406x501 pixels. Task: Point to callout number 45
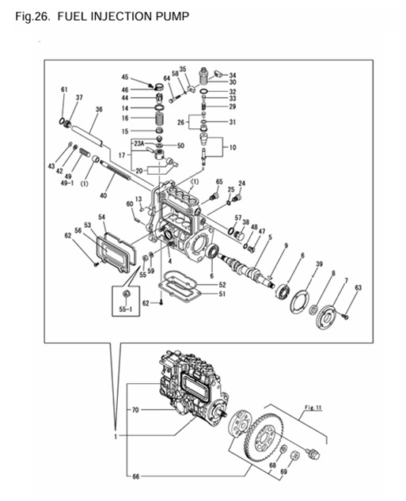(x=125, y=77)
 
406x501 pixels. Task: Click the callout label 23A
(x=150, y=146)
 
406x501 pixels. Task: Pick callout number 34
(x=233, y=75)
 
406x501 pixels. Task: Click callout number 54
(x=102, y=217)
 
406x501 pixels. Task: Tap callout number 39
(x=319, y=264)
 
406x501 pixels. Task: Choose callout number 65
(x=219, y=182)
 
